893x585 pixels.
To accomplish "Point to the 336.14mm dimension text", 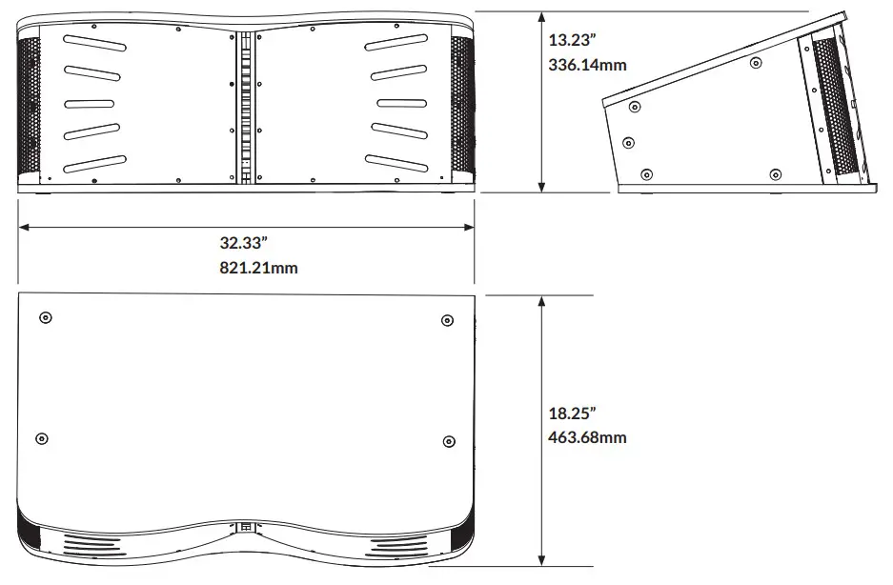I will click(588, 66).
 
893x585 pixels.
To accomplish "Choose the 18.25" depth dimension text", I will click(573, 414).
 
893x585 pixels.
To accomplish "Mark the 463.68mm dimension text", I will click(588, 438).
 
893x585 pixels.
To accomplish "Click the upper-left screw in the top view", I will click(45, 317).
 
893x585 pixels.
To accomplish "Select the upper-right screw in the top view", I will click(447, 319).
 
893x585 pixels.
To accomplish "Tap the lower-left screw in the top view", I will click(41, 438).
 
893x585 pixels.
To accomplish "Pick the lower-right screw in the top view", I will click(449, 440).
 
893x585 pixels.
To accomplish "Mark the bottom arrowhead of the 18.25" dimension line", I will click(542, 561).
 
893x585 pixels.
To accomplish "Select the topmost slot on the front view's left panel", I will click(95, 42).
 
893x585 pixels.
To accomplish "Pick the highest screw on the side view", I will click(755, 63).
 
